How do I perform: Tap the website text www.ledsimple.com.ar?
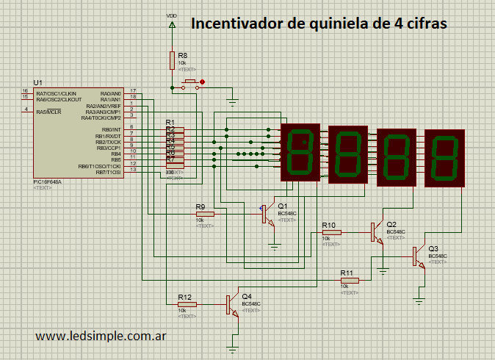click(x=99, y=336)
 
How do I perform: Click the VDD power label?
click(x=172, y=15)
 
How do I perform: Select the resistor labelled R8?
click(x=172, y=60)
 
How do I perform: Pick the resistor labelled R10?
click(x=332, y=232)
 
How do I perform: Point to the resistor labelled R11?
click(x=350, y=280)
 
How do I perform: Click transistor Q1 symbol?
click(x=267, y=214)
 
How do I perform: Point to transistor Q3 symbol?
click(x=417, y=256)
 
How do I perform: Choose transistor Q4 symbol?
click(x=231, y=303)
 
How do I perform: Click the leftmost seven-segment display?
click(x=300, y=152)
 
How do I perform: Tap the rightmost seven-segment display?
click(x=445, y=157)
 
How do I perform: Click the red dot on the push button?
click(x=203, y=82)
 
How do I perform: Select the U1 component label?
click(x=38, y=82)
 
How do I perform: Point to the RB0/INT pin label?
click(x=112, y=129)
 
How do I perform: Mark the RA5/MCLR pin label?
click(x=49, y=112)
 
